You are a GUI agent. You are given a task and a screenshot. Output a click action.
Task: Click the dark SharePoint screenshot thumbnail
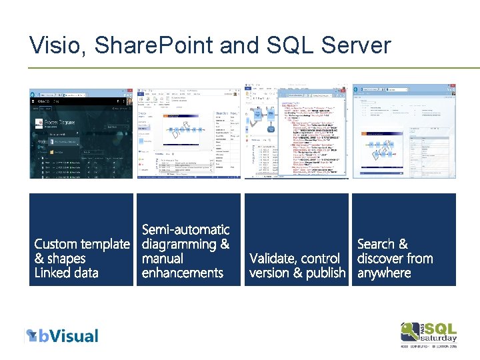(x=81, y=133)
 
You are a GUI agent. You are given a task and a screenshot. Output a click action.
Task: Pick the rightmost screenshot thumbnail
(x=404, y=133)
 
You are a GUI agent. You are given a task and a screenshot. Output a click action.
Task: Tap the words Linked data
(x=66, y=273)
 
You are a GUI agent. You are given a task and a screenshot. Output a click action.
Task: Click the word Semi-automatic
(x=185, y=230)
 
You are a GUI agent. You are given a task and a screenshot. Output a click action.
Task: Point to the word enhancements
(x=182, y=273)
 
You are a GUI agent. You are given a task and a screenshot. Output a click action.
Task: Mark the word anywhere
(x=384, y=273)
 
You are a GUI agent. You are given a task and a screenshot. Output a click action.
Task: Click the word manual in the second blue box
(x=162, y=259)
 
